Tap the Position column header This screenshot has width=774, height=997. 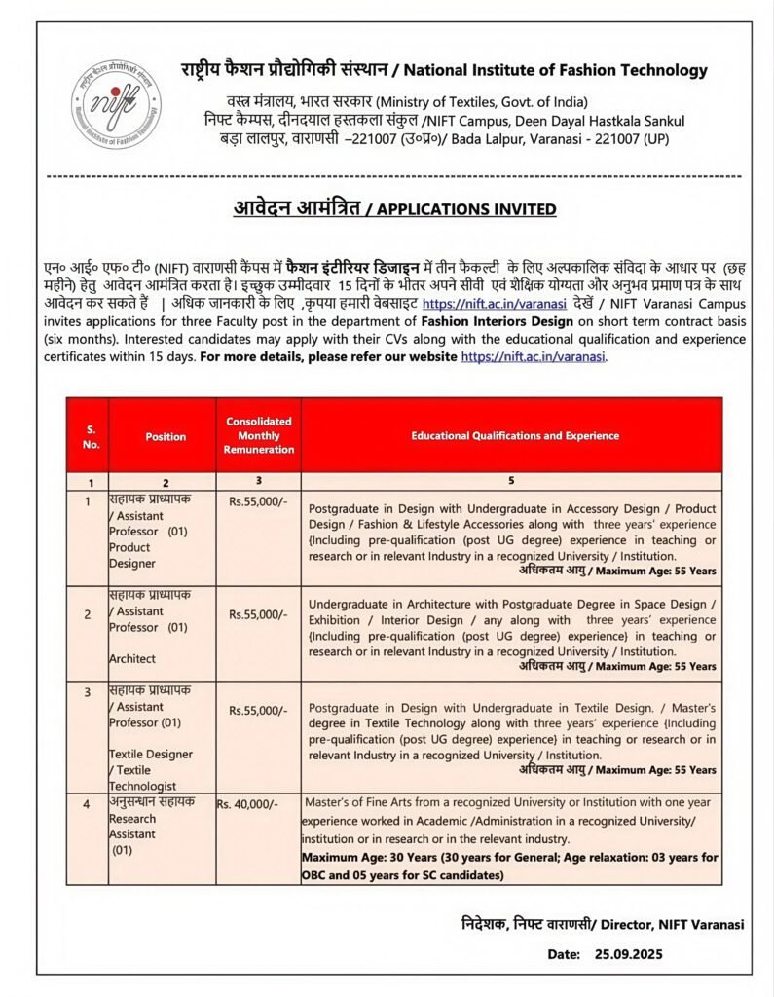pos(166,437)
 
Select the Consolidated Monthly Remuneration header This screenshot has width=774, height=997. pos(259,435)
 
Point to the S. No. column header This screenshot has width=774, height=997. pos(91,436)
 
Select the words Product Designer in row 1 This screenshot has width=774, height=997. pos(131,555)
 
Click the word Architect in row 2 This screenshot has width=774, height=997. pos(132,658)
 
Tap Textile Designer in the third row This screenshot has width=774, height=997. pos(151,754)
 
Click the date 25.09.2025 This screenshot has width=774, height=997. pos(629,954)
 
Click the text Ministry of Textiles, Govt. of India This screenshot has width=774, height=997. pos(482,102)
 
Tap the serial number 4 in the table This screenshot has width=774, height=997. pos(87,804)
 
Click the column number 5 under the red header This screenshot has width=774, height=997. pos(510,481)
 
